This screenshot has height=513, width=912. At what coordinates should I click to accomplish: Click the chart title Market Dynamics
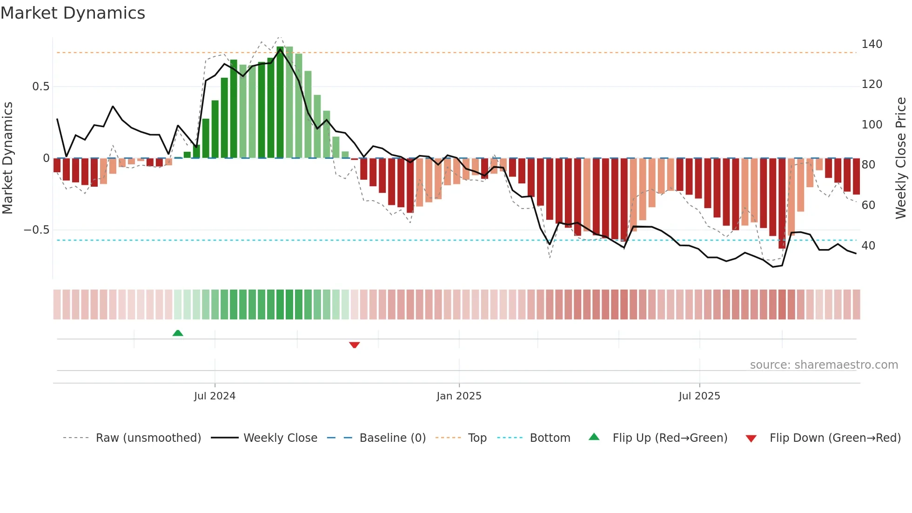click(73, 13)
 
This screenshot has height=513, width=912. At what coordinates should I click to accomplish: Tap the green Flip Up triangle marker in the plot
click(178, 333)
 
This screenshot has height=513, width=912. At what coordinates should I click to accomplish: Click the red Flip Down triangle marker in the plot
click(355, 345)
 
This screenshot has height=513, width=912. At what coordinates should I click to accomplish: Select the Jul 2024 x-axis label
click(215, 396)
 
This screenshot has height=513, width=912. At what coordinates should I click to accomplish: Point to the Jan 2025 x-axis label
click(459, 396)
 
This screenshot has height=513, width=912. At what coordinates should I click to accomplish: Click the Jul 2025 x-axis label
click(699, 396)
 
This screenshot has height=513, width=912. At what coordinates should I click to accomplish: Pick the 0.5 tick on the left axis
click(40, 87)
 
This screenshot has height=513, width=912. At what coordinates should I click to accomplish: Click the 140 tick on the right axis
click(872, 44)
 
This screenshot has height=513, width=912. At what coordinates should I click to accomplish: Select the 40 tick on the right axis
click(868, 245)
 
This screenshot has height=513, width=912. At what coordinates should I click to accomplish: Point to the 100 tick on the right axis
click(872, 125)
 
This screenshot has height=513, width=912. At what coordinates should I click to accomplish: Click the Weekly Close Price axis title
click(901, 158)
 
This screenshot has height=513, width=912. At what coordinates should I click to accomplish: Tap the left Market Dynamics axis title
click(7, 158)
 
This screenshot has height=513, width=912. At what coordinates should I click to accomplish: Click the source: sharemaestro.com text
click(824, 365)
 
